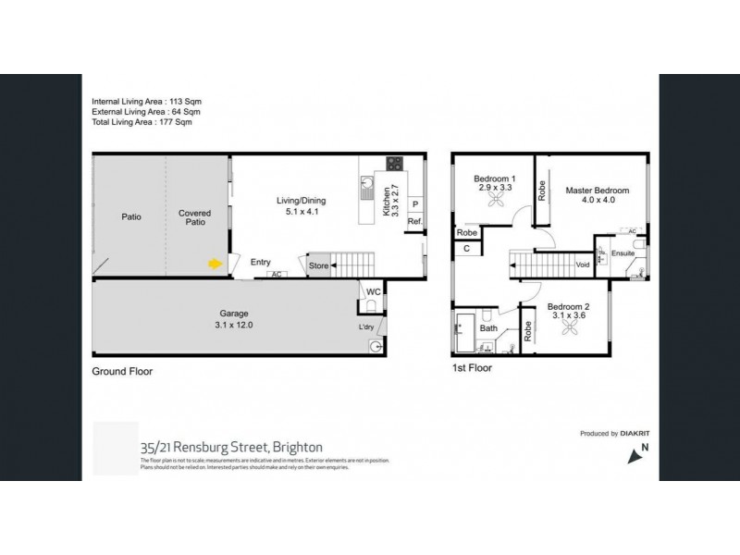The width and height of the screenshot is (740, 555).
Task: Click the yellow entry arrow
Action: [x=214, y=264]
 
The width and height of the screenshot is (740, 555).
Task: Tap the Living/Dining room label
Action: [x=301, y=201]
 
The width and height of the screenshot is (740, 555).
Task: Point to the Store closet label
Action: [x=318, y=266]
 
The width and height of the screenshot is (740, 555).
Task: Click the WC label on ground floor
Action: [x=374, y=292]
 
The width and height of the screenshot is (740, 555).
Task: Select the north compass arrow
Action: [x=634, y=454]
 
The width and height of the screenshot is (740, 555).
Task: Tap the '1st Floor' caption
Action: [x=472, y=367]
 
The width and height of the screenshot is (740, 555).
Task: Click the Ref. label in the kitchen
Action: [x=415, y=222]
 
